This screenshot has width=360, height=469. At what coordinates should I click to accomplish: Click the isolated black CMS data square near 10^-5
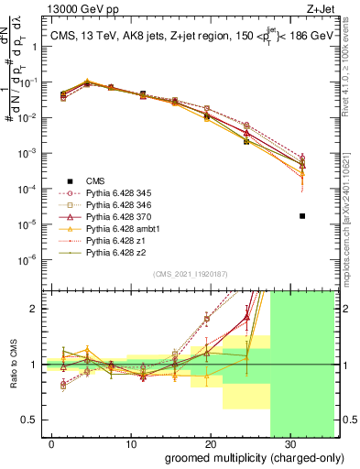pyautogui.click(x=302, y=216)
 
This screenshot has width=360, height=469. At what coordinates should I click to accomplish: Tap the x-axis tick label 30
pyautogui.click(x=290, y=442)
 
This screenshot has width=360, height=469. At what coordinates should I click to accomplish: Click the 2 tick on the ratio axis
pyautogui.click(x=31, y=309)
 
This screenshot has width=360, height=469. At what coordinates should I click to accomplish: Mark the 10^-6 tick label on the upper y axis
pyautogui.click(x=25, y=259)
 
